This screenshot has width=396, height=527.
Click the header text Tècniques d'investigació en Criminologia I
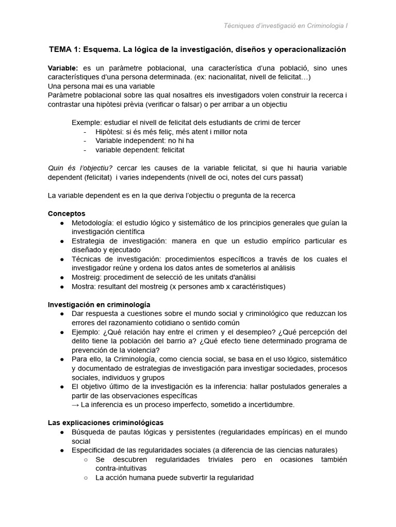286,26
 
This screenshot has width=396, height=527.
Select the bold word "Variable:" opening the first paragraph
63,68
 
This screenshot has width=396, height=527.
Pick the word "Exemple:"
86,122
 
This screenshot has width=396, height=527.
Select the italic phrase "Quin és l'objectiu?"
80,168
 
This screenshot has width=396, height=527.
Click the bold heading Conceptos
67,213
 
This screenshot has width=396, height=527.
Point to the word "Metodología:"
93,223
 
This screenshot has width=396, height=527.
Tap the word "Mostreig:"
88,277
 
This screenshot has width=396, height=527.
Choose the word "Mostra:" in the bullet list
85,286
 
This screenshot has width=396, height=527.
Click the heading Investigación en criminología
99,304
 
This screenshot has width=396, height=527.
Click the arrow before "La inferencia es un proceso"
76,405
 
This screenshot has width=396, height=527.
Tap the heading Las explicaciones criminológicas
106,423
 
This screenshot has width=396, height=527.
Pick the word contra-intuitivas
121,468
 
